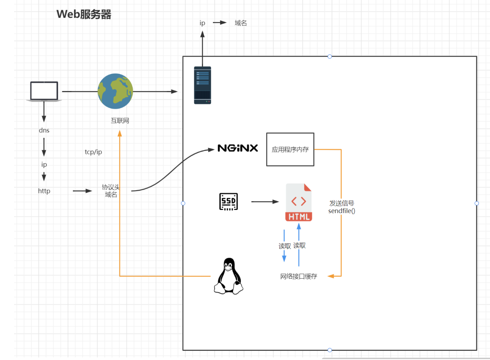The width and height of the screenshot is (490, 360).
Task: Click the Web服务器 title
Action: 84,14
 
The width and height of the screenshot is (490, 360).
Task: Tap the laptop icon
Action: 44,91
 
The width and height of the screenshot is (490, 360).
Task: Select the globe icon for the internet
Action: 115,91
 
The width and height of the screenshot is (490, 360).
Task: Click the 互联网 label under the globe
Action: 120,121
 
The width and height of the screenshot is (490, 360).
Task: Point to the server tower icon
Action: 202,85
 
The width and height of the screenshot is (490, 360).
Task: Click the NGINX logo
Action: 238,148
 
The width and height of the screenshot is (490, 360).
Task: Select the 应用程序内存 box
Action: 290,149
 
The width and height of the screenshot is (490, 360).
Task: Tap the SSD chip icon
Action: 228,202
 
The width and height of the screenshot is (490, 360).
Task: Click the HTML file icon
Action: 299,202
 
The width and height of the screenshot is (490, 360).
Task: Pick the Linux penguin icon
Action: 228,276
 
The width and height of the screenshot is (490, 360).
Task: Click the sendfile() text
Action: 342,211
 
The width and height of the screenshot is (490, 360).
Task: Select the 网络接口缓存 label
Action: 299,276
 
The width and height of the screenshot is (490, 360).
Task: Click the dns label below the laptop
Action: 44,130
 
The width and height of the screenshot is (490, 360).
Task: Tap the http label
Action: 44,191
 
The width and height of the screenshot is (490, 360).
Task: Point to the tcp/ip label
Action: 93,152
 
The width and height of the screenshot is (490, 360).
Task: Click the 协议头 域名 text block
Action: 111,191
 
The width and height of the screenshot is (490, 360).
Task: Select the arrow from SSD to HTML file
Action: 265,202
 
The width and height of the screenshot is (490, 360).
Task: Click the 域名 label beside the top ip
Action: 241,23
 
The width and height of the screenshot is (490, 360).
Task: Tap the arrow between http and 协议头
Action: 82,191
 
